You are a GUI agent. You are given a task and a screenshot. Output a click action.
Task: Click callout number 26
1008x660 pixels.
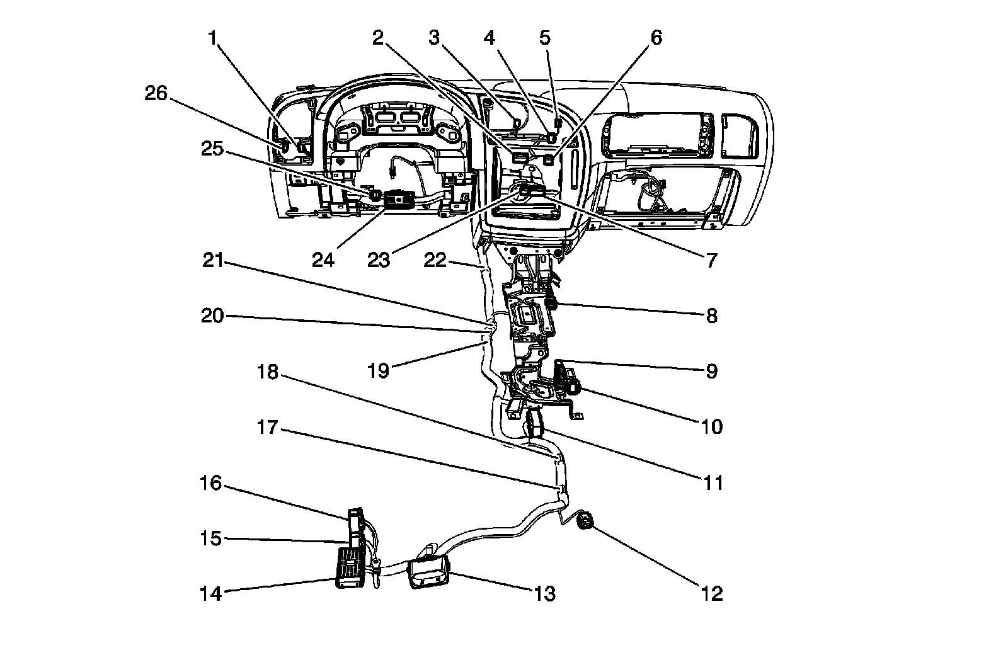[156, 94]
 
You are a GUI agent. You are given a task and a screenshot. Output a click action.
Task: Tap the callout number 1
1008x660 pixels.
[213, 38]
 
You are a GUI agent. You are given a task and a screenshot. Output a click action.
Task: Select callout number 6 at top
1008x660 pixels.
[656, 38]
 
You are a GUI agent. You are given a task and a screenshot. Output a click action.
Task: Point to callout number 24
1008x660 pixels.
[323, 260]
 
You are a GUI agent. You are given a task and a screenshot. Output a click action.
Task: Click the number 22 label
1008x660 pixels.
[435, 260]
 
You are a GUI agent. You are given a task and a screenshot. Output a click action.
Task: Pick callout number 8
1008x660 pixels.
[711, 316]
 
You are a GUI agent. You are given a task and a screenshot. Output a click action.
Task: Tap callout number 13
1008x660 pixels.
[545, 594]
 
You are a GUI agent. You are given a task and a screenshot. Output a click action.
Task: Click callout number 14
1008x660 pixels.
[211, 594]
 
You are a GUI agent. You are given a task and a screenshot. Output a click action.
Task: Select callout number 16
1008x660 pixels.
[211, 483]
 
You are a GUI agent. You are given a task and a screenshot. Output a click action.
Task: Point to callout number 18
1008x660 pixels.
[268, 372]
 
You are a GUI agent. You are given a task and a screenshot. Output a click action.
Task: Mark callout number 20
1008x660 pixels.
[212, 316]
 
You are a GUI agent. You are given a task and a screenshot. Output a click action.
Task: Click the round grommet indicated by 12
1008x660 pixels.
[585, 521]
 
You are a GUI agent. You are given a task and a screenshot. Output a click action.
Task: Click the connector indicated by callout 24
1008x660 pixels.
[399, 199]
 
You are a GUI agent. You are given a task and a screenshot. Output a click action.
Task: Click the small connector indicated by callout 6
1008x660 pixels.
[549, 159]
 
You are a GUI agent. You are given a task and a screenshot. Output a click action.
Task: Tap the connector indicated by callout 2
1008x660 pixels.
[520, 157]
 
